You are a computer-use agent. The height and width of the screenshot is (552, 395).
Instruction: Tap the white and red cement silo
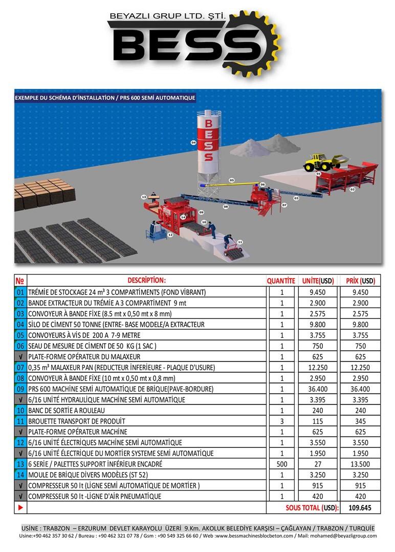pyautogui.click(x=208, y=144)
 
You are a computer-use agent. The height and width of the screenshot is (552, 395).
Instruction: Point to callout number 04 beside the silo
pyautogui.click(x=193, y=143)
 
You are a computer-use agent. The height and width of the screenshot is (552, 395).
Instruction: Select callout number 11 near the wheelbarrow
pyautogui.click(x=240, y=242)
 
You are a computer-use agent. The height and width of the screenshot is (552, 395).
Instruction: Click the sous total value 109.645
pyautogui.click(x=360, y=508)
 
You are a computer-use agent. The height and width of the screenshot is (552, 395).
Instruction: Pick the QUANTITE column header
pyautogui.click(x=281, y=281)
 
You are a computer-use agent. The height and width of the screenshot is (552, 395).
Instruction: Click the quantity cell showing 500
pyautogui.click(x=282, y=464)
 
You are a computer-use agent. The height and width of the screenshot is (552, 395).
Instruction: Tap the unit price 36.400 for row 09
pyautogui.click(x=318, y=389)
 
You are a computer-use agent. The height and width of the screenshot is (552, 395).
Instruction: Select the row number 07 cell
pyautogui.click(x=20, y=367)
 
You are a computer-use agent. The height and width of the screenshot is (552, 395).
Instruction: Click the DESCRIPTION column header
pyautogui.click(x=146, y=280)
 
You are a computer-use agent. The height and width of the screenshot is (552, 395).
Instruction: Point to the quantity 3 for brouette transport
pyautogui.click(x=282, y=421)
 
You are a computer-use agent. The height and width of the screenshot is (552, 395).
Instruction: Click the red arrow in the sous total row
pyautogui.click(x=20, y=508)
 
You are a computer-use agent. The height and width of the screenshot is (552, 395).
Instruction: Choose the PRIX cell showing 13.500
pyautogui.click(x=360, y=464)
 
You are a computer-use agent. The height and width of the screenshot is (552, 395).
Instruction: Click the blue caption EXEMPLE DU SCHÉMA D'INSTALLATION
pyautogui.click(x=64, y=98)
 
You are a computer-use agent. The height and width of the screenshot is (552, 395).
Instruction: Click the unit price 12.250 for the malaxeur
pyautogui.click(x=318, y=367)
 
